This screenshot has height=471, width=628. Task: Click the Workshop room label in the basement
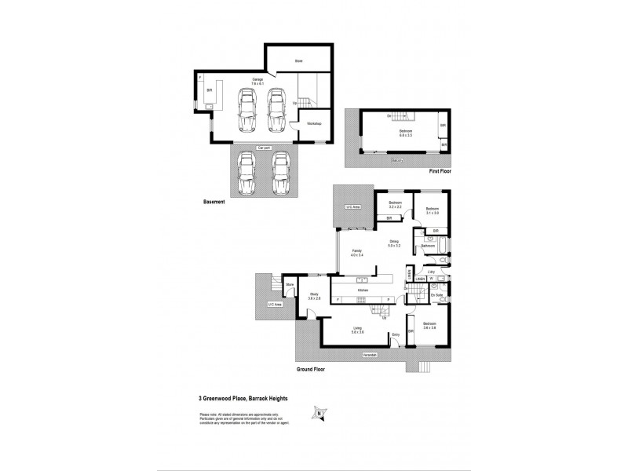click(x=312, y=123)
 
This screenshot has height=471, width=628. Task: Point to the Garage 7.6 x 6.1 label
click(x=257, y=82)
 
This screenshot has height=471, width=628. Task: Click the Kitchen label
click(x=363, y=290)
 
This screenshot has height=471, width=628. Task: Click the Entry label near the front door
click(x=396, y=334)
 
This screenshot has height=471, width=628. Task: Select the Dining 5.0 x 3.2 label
click(x=394, y=245)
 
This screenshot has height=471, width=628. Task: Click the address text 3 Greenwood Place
click(x=243, y=399)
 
